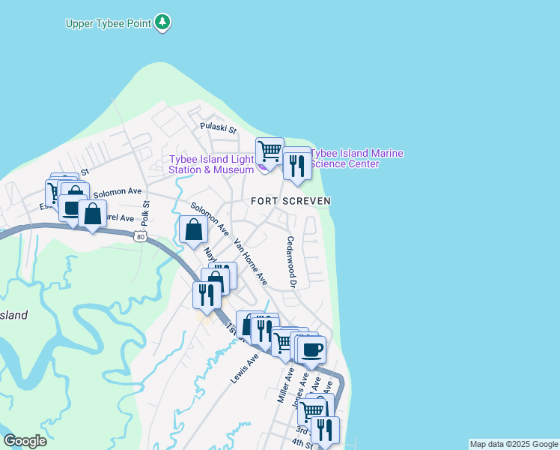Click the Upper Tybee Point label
pyautogui.click(x=108, y=23)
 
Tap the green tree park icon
pyautogui.click(x=162, y=22)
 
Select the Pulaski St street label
pyautogui.click(x=218, y=128)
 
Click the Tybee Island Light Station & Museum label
pyautogui.click(x=212, y=164)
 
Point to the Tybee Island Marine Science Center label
pyautogui.click(x=356, y=158)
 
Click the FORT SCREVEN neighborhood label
pyautogui.click(x=290, y=201)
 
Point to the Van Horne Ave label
pyautogui.click(x=251, y=262)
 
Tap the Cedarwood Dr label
pyautogui.click(x=290, y=262)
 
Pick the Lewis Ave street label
pyautogui.click(x=244, y=369)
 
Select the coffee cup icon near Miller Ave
pyautogui.click(x=312, y=348)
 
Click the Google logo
pyautogui.click(x=25, y=441)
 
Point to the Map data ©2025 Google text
pyautogui.click(x=514, y=444)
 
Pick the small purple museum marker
pyautogui.click(x=262, y=168)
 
